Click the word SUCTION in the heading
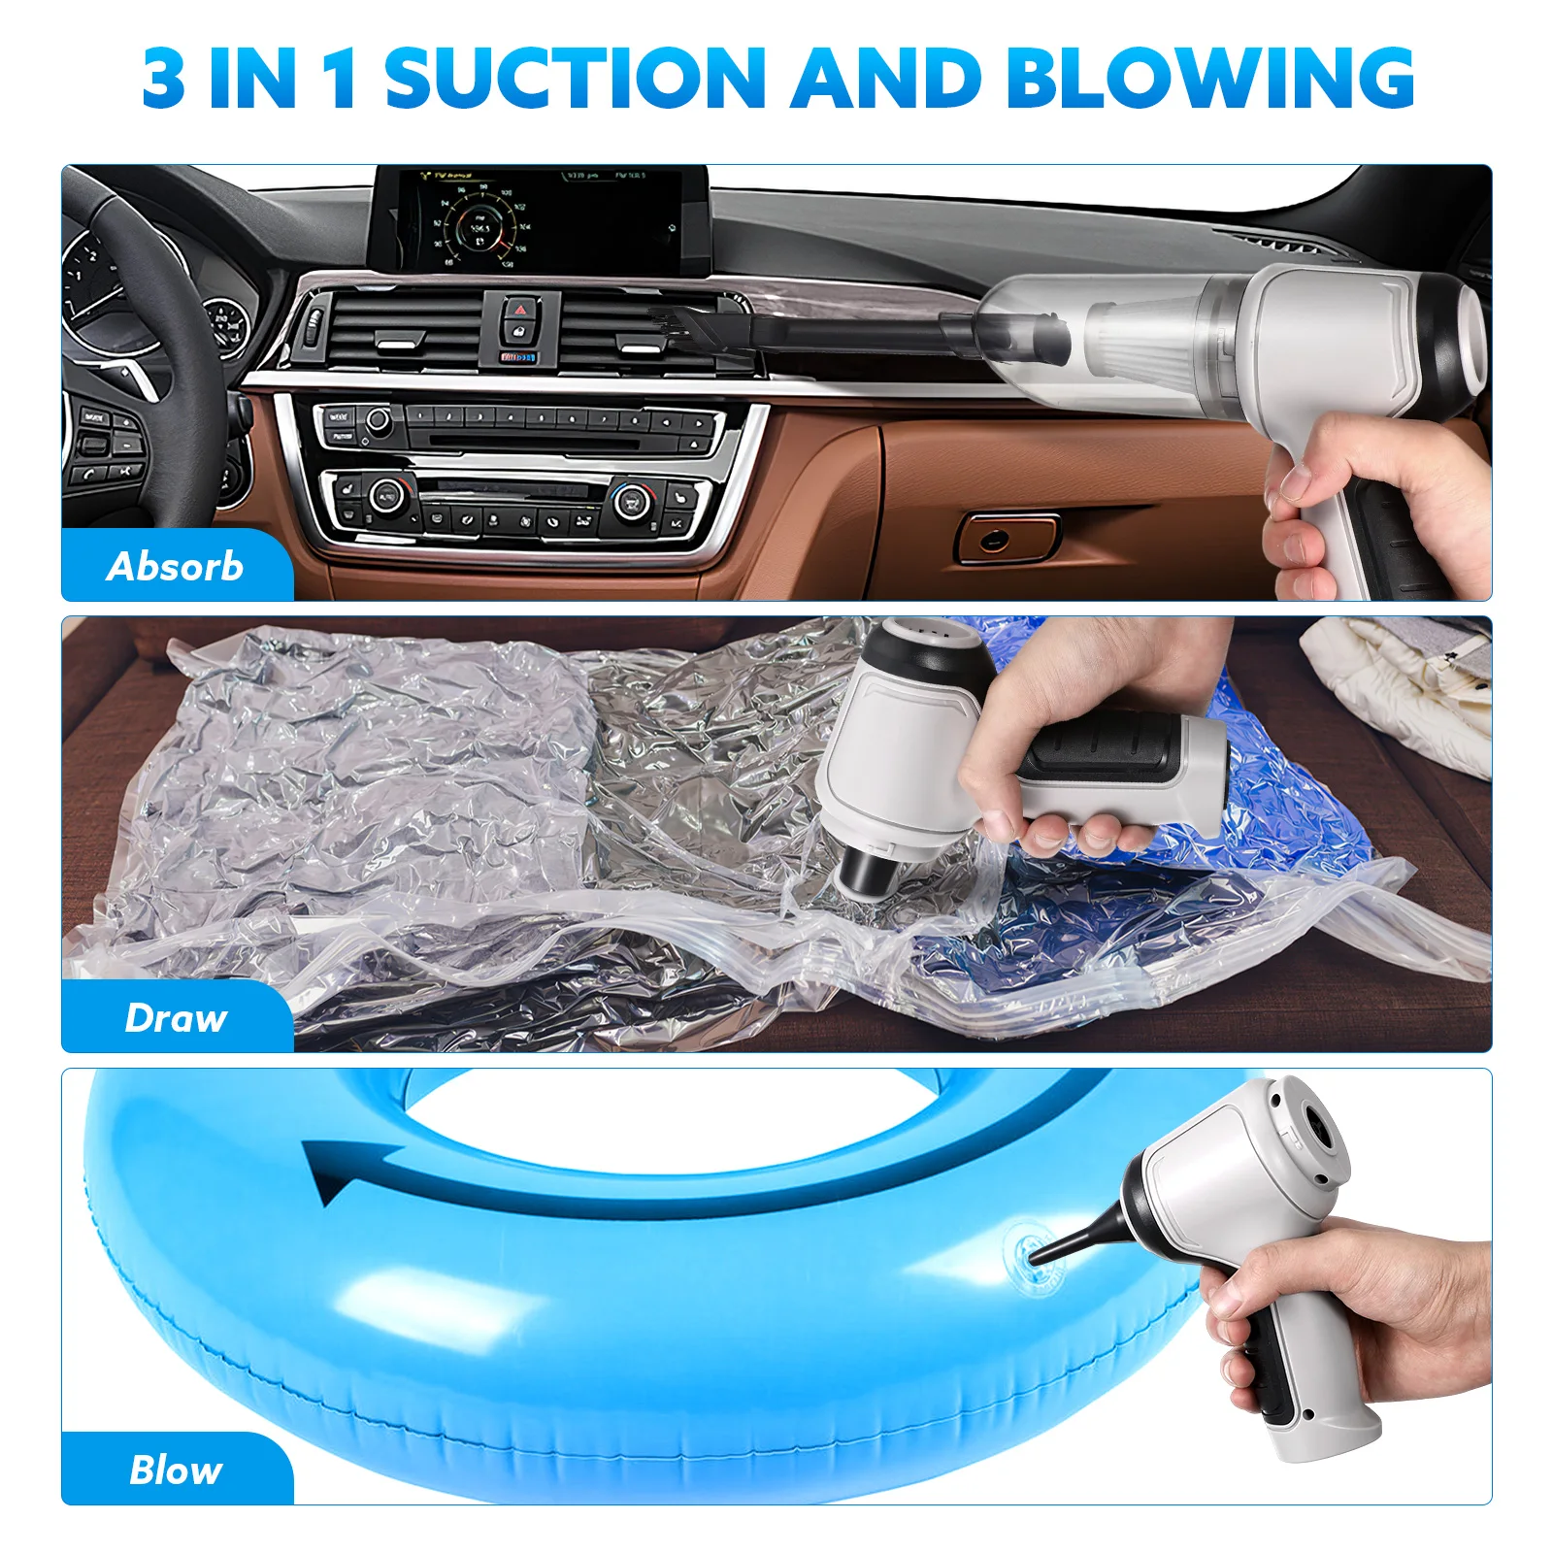click(x=575, y=78)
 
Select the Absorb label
click(x=176, y=566)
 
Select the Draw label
click(x=176, y=1017)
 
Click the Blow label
click(x=176, y=1470)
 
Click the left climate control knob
click(x=385, y=495)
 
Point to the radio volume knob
click(x=377, y=420)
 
